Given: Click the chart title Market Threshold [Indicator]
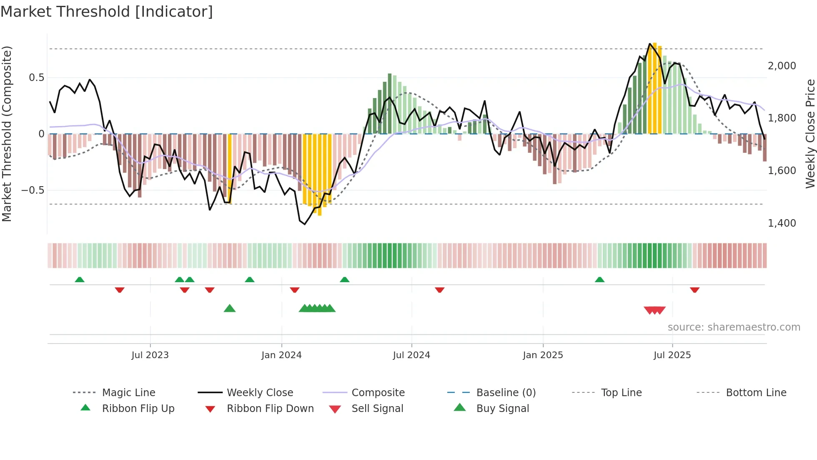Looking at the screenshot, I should (x=107, y=12).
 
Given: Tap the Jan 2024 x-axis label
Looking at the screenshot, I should (x=281, y=355).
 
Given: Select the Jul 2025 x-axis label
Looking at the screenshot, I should (x=672, y=355).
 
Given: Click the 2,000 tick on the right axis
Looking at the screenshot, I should (x=782, y=66).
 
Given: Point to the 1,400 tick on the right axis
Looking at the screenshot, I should (x=782, y=223).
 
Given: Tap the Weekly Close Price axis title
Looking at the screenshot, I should (x=809, y=134).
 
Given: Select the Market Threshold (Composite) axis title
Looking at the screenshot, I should (x=7, y=134).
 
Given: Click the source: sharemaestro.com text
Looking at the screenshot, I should (x=734, y=327).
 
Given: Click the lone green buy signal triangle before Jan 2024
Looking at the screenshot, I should (x=230, y=308).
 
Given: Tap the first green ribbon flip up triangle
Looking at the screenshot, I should (x=80, y=280).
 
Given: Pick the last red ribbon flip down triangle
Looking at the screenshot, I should (x=694, y=290).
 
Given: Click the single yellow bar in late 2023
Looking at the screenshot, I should (x=230, y=167).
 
